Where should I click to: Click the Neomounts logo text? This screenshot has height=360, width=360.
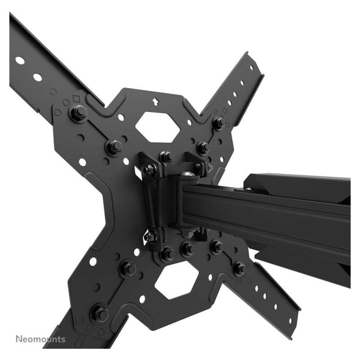tap(40, 339)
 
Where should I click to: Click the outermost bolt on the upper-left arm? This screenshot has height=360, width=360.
tap(78, 112)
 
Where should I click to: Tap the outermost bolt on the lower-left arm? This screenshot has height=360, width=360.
tap(99, 312)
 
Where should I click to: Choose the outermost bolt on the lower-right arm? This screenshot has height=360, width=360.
tap(239, 267)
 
